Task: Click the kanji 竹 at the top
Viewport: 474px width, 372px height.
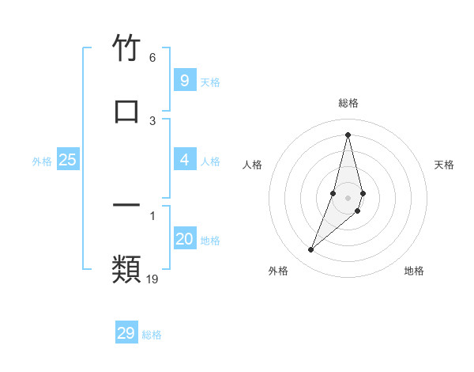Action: [126, 49]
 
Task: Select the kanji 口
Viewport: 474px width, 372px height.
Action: [126, 112]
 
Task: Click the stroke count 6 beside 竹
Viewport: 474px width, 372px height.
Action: [152, 58]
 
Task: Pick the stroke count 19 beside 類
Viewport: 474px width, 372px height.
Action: [153, 279]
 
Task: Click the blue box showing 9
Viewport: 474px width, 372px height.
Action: [184, 81]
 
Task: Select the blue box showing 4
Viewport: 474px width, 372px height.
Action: [184, 160]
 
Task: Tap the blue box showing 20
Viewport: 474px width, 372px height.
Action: [184, 239]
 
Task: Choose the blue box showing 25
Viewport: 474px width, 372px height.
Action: [67, 160]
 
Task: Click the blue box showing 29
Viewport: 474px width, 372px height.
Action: [126, 333]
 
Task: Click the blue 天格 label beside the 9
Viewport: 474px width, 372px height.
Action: [210, 82]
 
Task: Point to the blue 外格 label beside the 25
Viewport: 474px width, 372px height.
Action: [42, 161]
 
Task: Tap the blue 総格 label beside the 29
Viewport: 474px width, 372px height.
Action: [152, 335]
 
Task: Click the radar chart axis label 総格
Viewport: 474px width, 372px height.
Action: [348, 103]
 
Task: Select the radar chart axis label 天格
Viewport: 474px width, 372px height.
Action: [445, 165]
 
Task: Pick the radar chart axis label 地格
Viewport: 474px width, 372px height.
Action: [414, 271]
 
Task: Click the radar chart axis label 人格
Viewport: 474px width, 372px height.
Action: [253, 165]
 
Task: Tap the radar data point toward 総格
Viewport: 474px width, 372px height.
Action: [348, 134]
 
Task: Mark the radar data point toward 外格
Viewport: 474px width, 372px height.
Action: [311, 250]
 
